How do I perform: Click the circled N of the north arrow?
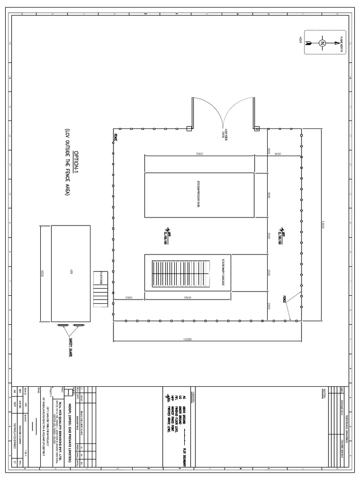point(322,43)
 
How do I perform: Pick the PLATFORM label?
point(99,278)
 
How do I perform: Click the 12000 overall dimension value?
point(206,339)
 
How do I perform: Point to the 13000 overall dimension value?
point(322,225)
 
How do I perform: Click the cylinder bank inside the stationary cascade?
point(181,273)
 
